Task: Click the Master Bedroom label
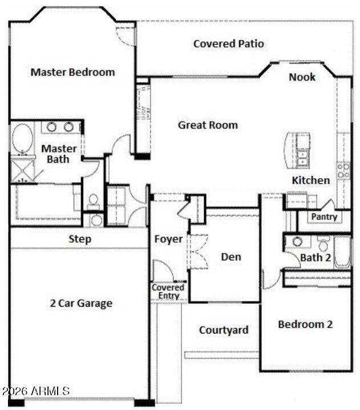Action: (72, 72)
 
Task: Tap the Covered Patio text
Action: (229, 43)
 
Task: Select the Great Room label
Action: (208, 125)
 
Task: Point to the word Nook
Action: (302, 77)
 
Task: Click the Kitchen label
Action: (310, 180)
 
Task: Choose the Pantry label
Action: (324, 217)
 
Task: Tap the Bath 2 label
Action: (315, 258)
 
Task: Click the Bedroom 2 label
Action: (305, 324)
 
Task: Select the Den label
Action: (231, 257)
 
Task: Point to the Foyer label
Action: (168, 239)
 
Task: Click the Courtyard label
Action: (224, 330)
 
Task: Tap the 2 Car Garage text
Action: (81, 303)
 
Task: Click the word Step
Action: (80, 239)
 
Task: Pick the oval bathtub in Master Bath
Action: (22, 139)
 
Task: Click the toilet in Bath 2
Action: (323, 243)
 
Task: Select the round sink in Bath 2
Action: (297, 242)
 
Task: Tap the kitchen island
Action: (297, 150)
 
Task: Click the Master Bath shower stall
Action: (22, 170)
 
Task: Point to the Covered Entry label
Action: (168, 292)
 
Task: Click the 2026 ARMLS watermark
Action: (36, 391)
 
